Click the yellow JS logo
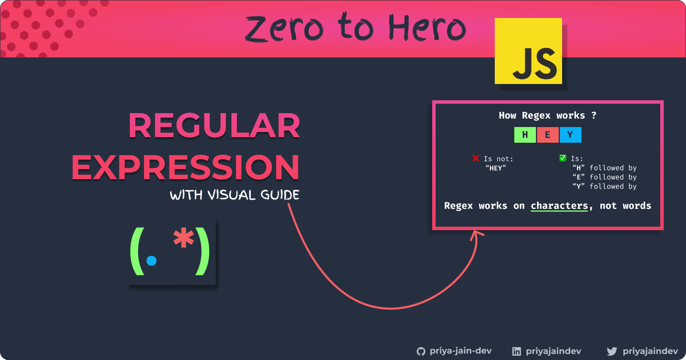[x=528, y=51]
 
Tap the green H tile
[x=525, y=135]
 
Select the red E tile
[x=548, y=135]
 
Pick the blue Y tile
[x=571, y=135]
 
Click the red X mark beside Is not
[x=475, y=158]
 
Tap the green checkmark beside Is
[x=563, y=158]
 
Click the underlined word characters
[x=559, y=206]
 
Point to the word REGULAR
[x=214, y=126]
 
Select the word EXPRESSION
[x=185, y=167]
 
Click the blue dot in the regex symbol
[x=151, y=261]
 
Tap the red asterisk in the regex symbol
[x=184, y=237]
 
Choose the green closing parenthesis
[x=203, y=251]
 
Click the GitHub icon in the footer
[x=421, y=351]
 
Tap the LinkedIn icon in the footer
[x=517, y=351]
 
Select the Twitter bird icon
[x=612, y=351]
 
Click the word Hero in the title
[x=427, y=27]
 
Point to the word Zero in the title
[x=284, y=29]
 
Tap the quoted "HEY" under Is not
[x=496, y=168]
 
